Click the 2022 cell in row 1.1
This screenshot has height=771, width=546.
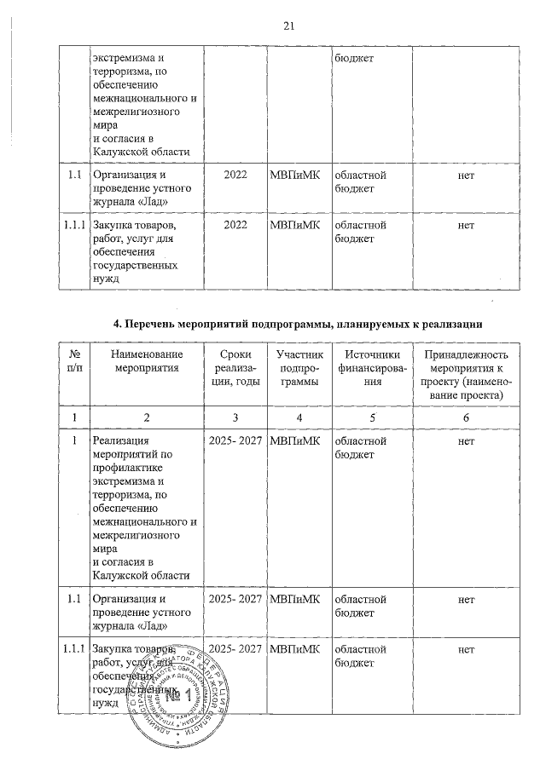pos(235,175)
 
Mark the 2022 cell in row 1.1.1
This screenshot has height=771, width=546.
pos(235,225)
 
